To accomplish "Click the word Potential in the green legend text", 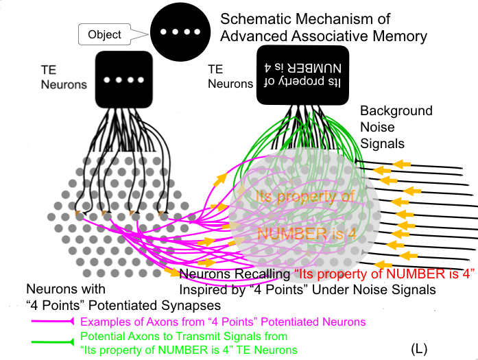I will (x=101, y=337).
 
